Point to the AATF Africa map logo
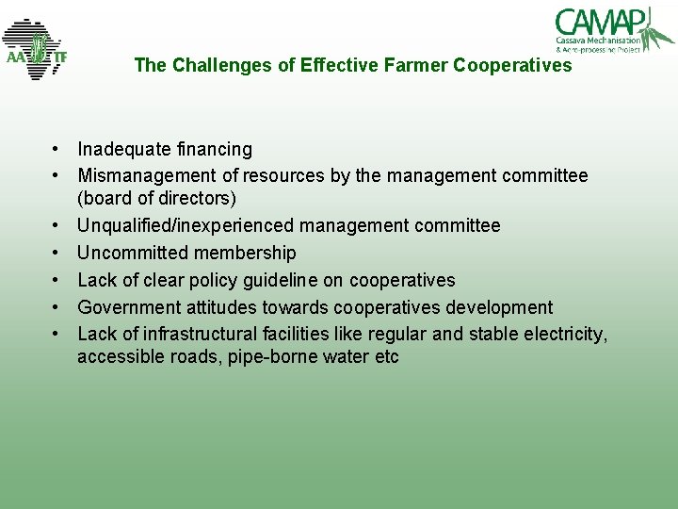(x=35, y=49)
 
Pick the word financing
(x=214, y=149)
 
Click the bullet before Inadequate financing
(x=57, y=149)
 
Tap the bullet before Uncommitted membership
(x=57, y=253)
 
